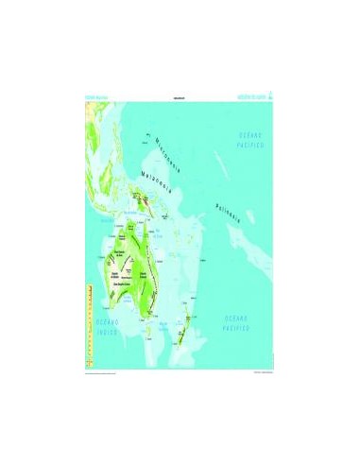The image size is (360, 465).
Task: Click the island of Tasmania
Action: pos(151,331)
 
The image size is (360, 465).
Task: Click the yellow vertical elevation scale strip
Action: pos(88,321)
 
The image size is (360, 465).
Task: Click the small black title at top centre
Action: pos(179,98)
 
